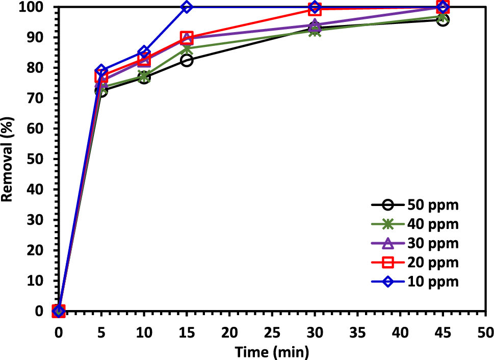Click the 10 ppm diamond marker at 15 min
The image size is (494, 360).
tap(187, 7)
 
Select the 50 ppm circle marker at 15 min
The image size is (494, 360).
tap(187, 61)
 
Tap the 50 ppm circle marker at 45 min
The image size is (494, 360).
tap(443, 20)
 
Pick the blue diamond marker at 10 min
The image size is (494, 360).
tap(144, 53)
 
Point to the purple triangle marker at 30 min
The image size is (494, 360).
tap(315, 25)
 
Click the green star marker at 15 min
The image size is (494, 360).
tap(187, 49)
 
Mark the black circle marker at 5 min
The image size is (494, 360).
tap(101, 91)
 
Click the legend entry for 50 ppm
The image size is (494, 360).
tap(433, 205)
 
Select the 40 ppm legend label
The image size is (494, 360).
tap(433, 224)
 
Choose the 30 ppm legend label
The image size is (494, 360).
tap(433, 243)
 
